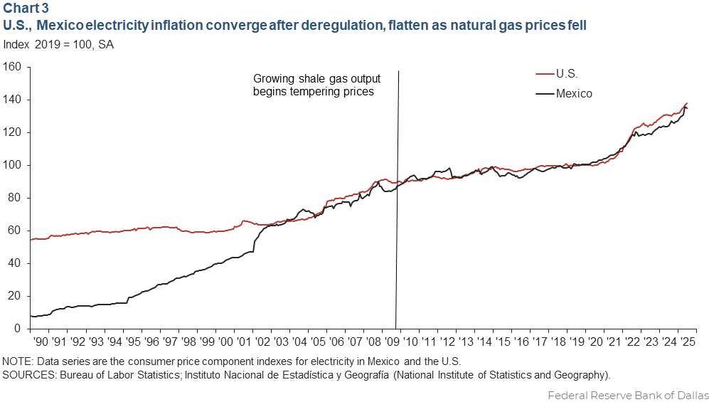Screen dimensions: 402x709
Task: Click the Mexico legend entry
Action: pyautogui.click(x=573, y=93)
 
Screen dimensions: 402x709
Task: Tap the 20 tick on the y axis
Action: pyautogui.click(x=16, y=296)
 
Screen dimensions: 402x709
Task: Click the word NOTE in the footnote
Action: pyautogui.click(x=18, y=360)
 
